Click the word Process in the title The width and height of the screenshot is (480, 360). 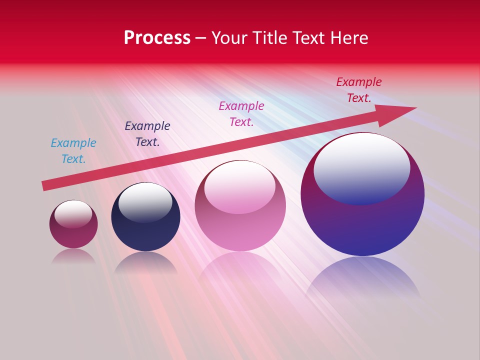157,37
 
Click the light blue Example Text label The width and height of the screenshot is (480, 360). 73,150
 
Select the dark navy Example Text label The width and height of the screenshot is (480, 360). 147,133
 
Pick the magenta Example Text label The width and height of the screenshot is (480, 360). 241,113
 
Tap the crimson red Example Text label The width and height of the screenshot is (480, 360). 358,89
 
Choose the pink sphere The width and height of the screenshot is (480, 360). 240,230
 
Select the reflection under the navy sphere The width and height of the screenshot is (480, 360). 145,262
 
